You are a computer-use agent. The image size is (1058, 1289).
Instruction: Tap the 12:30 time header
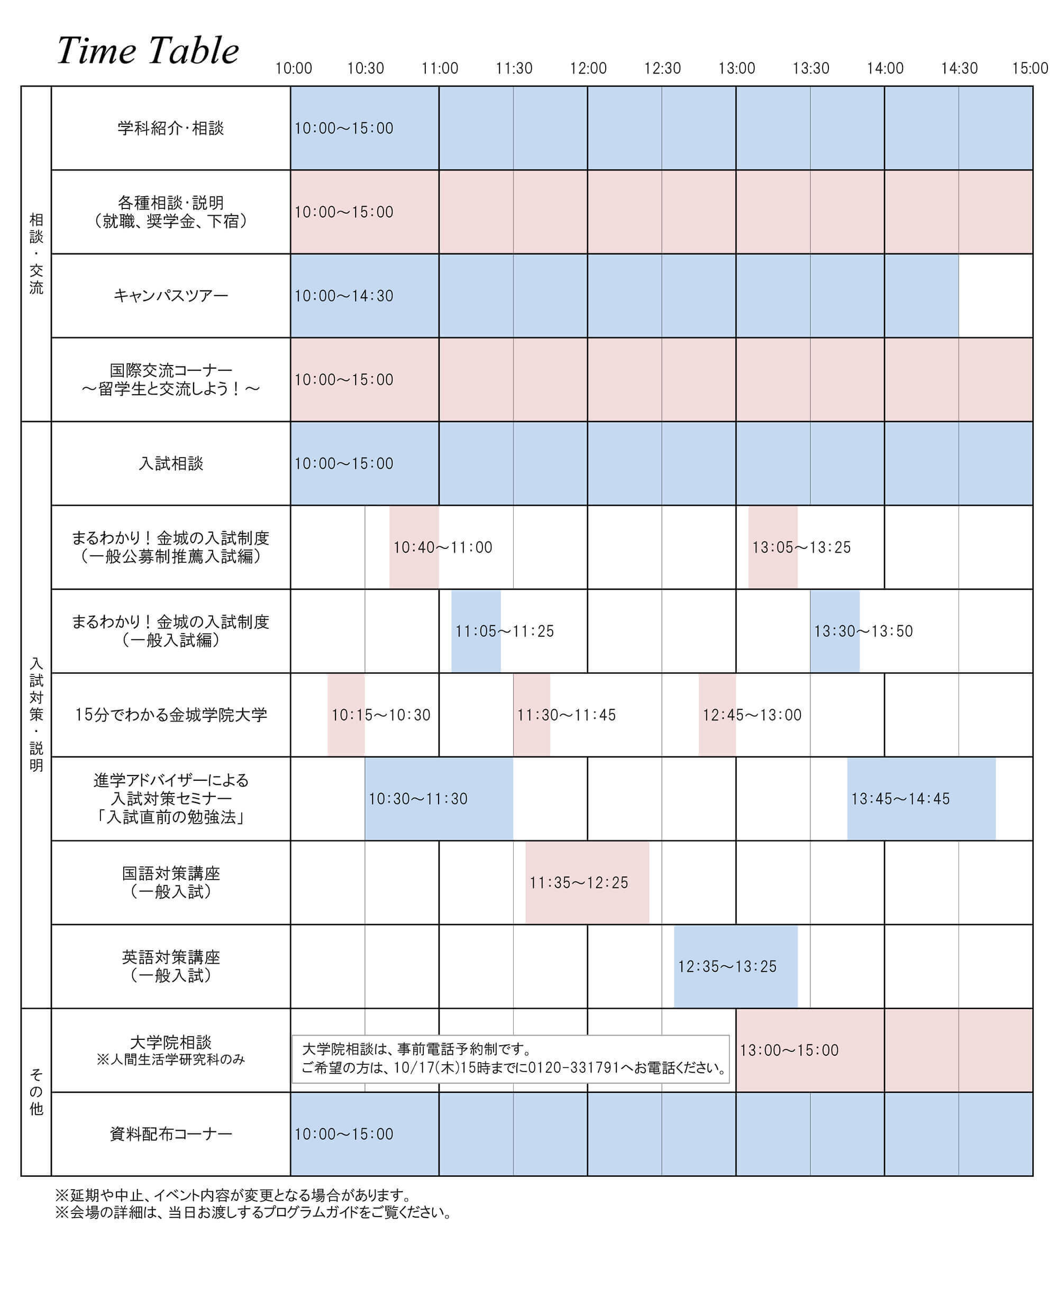coord(662,68)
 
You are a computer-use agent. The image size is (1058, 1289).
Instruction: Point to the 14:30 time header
coord(959,68)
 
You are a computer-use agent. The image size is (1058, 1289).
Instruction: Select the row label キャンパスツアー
coord(171,296)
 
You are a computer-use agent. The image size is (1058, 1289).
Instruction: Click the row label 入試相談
coord(171,464)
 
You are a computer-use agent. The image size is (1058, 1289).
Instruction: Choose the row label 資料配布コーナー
coord(171,1134)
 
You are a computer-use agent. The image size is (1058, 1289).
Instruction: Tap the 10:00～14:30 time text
coord(344,296)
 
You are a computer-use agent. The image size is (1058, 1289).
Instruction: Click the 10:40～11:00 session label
coord(442,547)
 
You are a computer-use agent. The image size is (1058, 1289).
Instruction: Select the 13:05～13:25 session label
coord(801,547)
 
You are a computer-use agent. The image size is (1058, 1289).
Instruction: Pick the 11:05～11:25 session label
coord(505,632)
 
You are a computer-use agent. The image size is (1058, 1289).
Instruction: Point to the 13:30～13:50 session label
coord(863,632)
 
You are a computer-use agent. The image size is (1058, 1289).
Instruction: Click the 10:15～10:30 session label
coord(380,715)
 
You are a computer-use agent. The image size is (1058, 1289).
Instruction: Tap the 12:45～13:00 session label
coord(752,715)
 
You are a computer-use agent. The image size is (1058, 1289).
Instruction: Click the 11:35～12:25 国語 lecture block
coord(586,882)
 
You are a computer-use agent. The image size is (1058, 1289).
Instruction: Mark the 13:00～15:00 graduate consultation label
coord(789,1050)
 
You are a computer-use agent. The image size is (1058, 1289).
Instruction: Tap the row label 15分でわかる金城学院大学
coord(171,715)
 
